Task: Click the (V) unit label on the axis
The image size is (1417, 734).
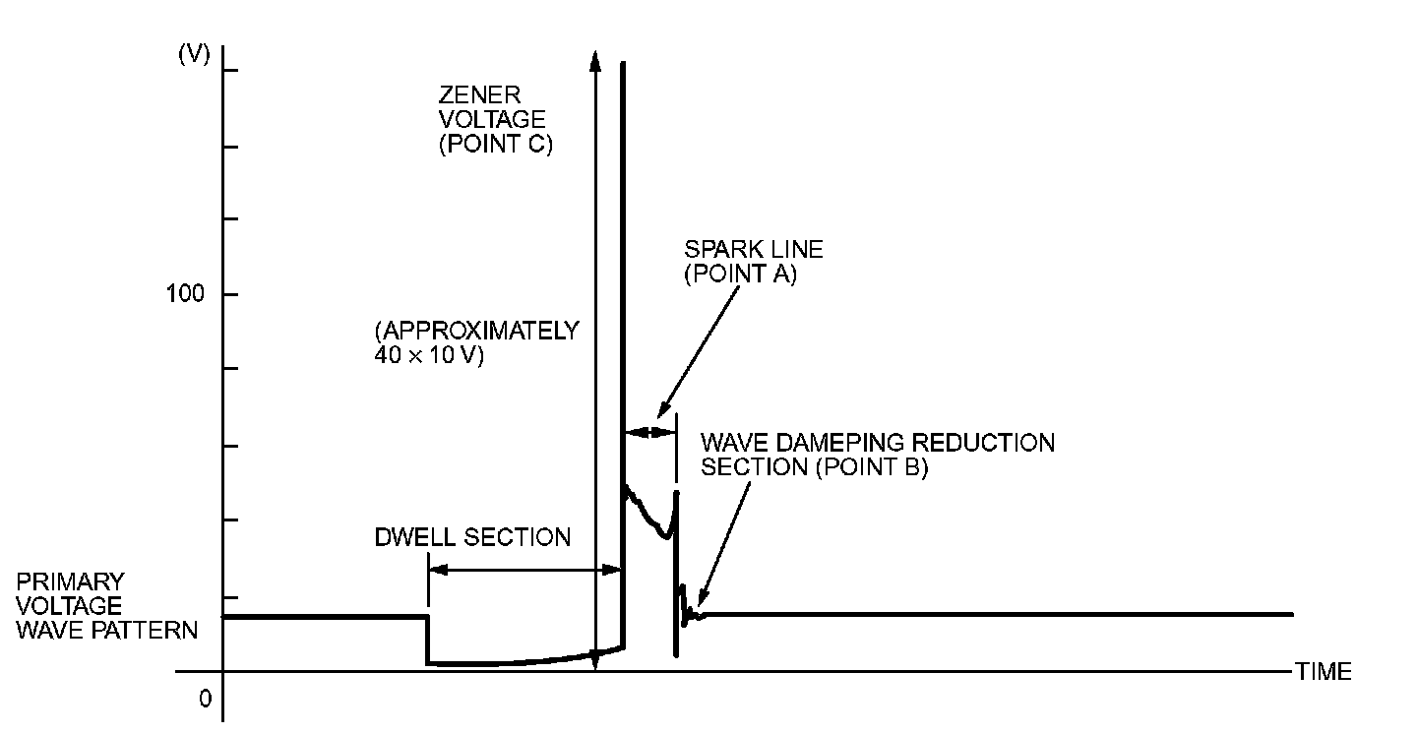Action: [x=194, y=55]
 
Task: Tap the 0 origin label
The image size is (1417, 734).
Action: [x=206, y=699]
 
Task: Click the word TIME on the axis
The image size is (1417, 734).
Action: [x=1324, y=672]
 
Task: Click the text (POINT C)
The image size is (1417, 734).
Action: [x=495, y=144]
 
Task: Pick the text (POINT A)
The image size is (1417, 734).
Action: [x=740, y=275]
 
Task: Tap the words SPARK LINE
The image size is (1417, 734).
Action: [x=754, y=250]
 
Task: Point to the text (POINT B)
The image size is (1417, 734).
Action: [x=871, y=467]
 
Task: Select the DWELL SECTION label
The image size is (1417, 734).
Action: [x=472, y=537]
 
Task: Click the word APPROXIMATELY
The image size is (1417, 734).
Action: [x=476, y=332]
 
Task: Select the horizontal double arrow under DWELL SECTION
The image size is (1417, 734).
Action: [x=525, y=569]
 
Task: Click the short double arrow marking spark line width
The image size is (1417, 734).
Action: [x=650, y=431]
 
